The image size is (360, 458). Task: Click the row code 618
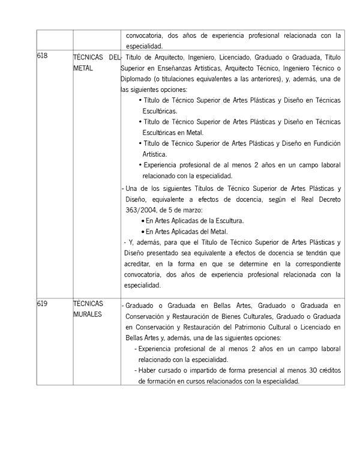[42, 56]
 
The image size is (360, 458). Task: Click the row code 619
[42, 304]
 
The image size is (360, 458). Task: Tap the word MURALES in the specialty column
[88, 315]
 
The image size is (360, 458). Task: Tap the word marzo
[191, 209]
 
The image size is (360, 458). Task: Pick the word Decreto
[324, 199]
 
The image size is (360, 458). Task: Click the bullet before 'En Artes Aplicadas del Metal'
[143, 232]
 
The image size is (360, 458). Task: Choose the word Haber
[149, 370]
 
